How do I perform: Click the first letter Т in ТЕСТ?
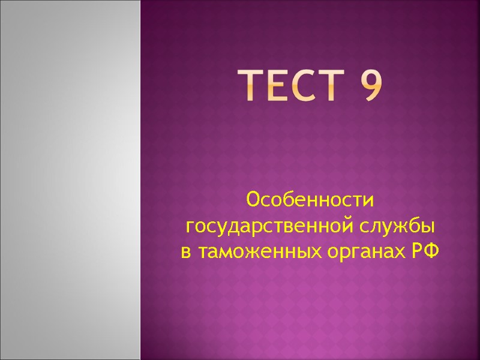coord(253,86)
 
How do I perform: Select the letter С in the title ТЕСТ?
coord(311,86)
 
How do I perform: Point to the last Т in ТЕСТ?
coord(340,86)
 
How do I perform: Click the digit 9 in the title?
coord(371,86)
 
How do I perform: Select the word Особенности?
coord(310,199)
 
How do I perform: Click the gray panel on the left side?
coord(70,180)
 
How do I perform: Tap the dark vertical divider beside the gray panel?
coord(140,180)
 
